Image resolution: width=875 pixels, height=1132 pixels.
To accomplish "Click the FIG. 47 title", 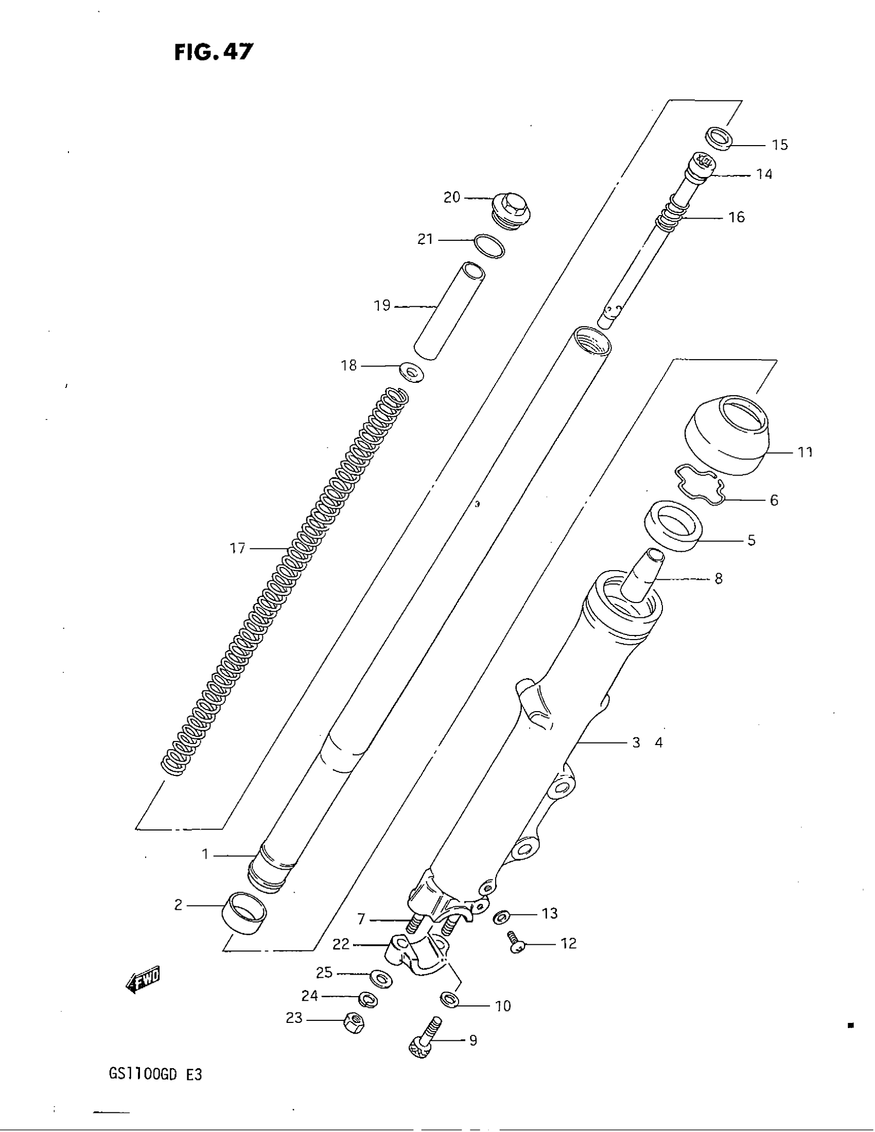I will [x=214, y=52].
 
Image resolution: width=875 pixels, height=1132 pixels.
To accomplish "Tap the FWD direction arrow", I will [x=143, y=979].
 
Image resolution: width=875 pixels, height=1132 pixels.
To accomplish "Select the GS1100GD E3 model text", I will [x=155, y=1074].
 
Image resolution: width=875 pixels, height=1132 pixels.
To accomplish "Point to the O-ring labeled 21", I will [x=489, y=246].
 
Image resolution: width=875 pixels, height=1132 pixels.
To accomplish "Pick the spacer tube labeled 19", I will [x=449, y=310].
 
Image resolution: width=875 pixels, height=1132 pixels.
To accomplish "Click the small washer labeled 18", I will [x=412, y=372].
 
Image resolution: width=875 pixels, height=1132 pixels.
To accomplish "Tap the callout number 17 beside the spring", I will [x=237, y=548].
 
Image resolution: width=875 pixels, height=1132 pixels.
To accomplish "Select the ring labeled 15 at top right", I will [x=720, y=139].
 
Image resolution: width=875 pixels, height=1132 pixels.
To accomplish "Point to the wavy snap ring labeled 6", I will [x=699, y=484].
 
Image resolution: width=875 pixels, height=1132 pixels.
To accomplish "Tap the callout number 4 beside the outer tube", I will [x=659, y=742].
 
